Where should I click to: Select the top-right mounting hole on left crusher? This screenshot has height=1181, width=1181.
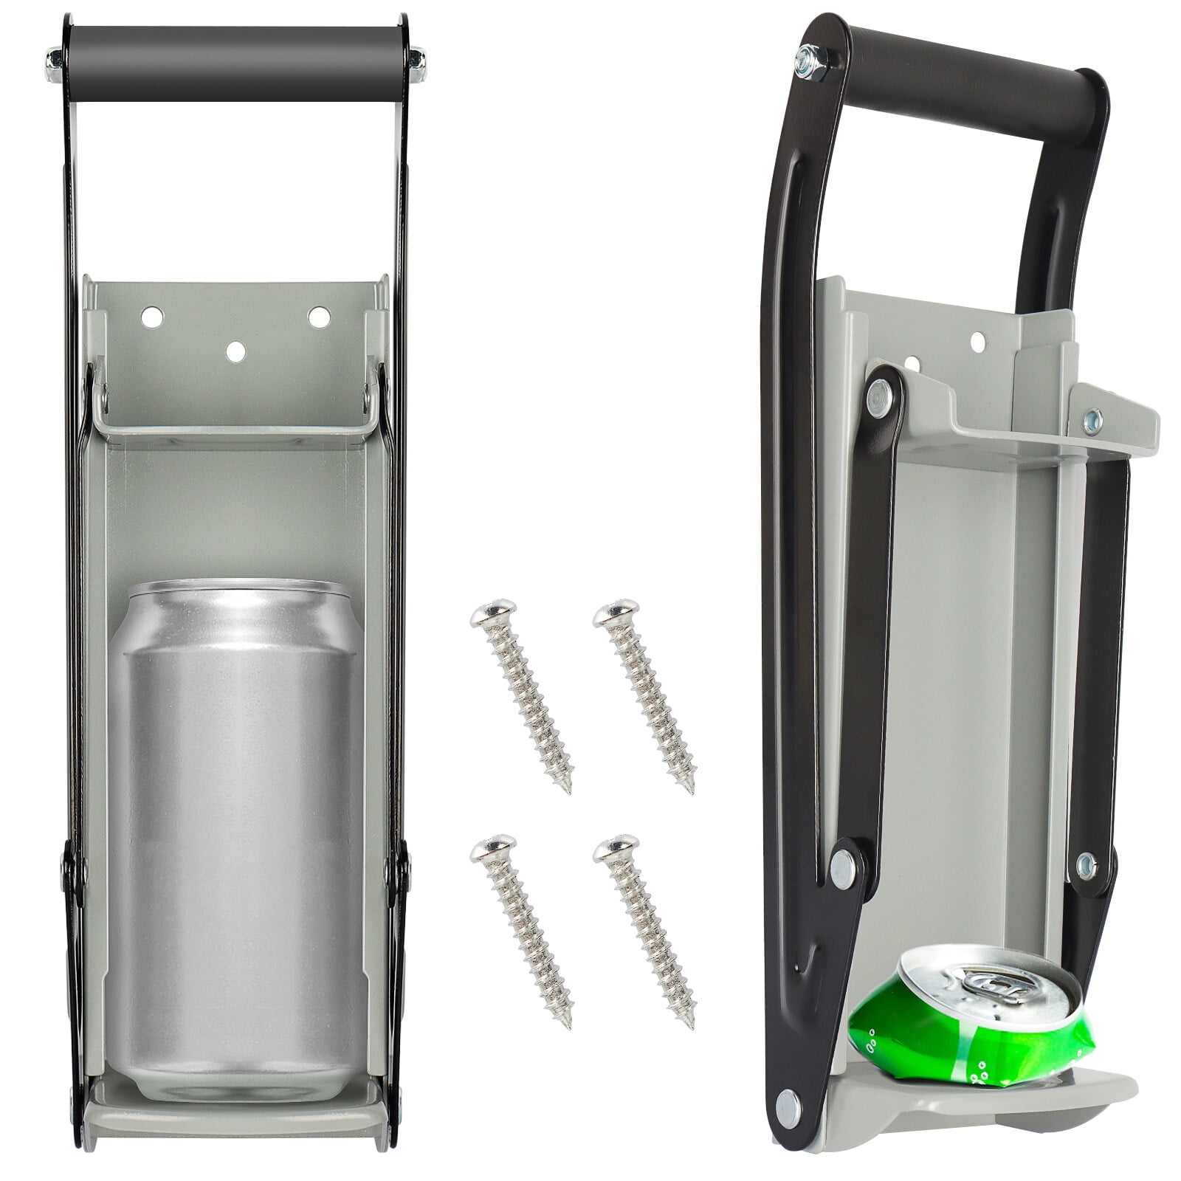click(319, 316)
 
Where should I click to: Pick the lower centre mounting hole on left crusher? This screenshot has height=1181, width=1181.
click(236, 352)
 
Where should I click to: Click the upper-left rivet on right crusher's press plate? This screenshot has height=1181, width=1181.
click(880, 396)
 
